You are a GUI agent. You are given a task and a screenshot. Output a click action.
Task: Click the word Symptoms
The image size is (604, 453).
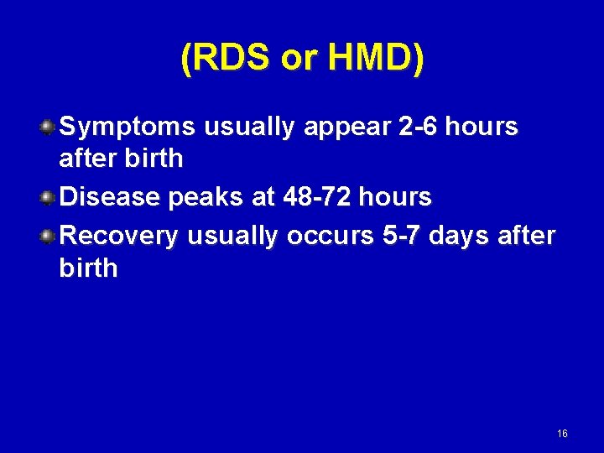pyautogui.click(x=128, y=128)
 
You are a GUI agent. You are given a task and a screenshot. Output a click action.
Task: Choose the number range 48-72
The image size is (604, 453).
pyautogui.click(x=320, y=198)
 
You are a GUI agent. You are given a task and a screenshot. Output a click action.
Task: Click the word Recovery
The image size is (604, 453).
pyautogui.click(x=120, y=237)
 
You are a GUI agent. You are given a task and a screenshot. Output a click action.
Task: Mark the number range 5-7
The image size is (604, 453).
pyautogui.click(x=401, y=237)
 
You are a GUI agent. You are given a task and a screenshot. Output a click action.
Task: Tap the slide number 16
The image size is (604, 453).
pyautogui.click(x=562, y=434)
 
